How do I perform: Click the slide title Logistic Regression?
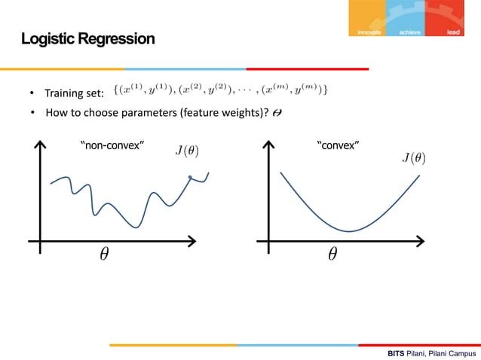pyautogui.click(x=87, y=38)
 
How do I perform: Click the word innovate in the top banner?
pyautogui.click(x=369, y=32)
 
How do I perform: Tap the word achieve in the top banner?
pyautogui.click(x=410, y=32)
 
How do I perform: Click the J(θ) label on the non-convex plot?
pyautogui.click(x=188, y=150)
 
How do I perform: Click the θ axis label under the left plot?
pyautogui.click(x=103, y=255)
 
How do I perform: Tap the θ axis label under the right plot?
pyautogui.click(x=332, y=255)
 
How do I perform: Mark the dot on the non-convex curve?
pyautogui.click(x=190, y=178)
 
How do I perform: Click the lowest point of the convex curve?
pyautogui.click(x=349, y=231)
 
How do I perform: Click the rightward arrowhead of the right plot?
pyautogui.click(x=421, y=241)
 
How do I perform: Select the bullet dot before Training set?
pyautogui.click(x=32, y=94)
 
